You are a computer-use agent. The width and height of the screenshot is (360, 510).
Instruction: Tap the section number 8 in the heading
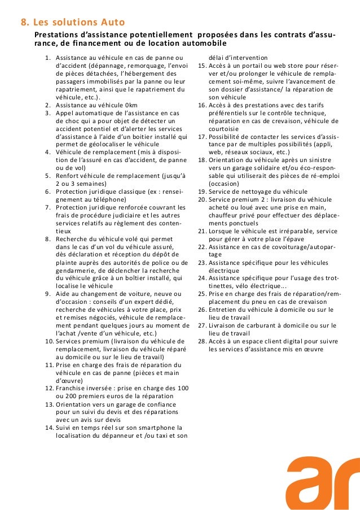tap(24, 23)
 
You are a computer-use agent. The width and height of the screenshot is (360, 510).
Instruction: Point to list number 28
tap(202, 341)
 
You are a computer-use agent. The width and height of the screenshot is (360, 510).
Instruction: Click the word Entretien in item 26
tap(223, 310)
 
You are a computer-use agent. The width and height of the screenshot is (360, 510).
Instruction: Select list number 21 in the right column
tap(202, 231)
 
